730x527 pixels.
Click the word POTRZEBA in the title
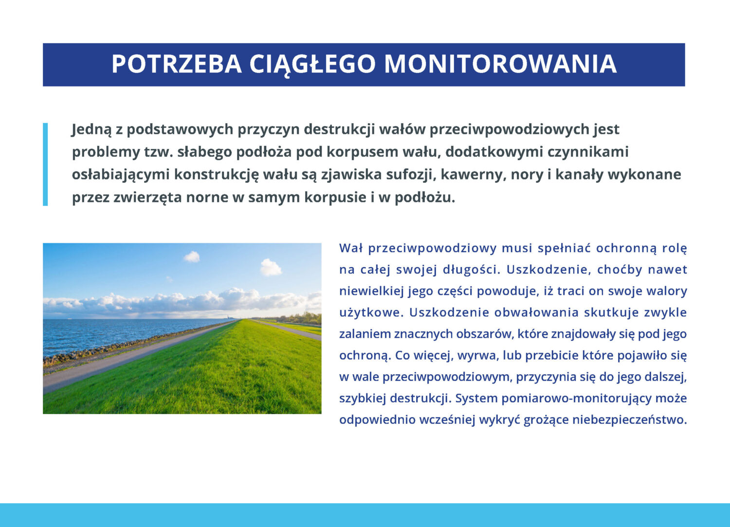click(177, 64)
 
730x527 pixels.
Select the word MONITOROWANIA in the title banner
click(501, 64)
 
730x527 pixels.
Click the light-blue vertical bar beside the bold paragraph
click(45, 164)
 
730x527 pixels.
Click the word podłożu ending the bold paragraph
click(425, 198)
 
